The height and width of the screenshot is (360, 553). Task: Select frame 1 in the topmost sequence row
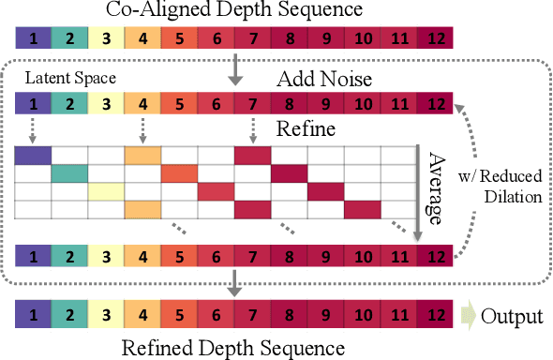pos(34,38)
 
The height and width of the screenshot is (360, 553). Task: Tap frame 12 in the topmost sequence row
pos(435,38)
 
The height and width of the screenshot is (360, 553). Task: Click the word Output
pos(512,316)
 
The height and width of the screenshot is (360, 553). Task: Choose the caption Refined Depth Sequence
pos(234,349)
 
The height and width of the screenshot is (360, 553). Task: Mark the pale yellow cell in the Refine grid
pos(107,191)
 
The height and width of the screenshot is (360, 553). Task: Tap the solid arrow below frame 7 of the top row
pos(235,69)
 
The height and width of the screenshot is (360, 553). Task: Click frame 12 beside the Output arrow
pos(435,316)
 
